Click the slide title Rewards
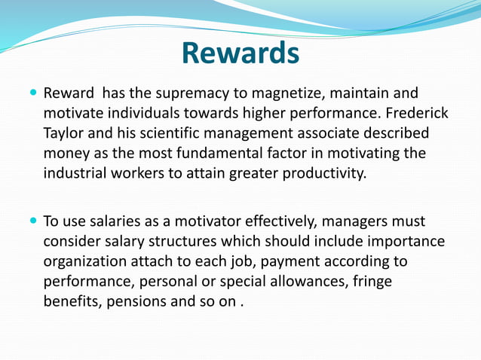(240, 53)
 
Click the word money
(66, 153)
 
